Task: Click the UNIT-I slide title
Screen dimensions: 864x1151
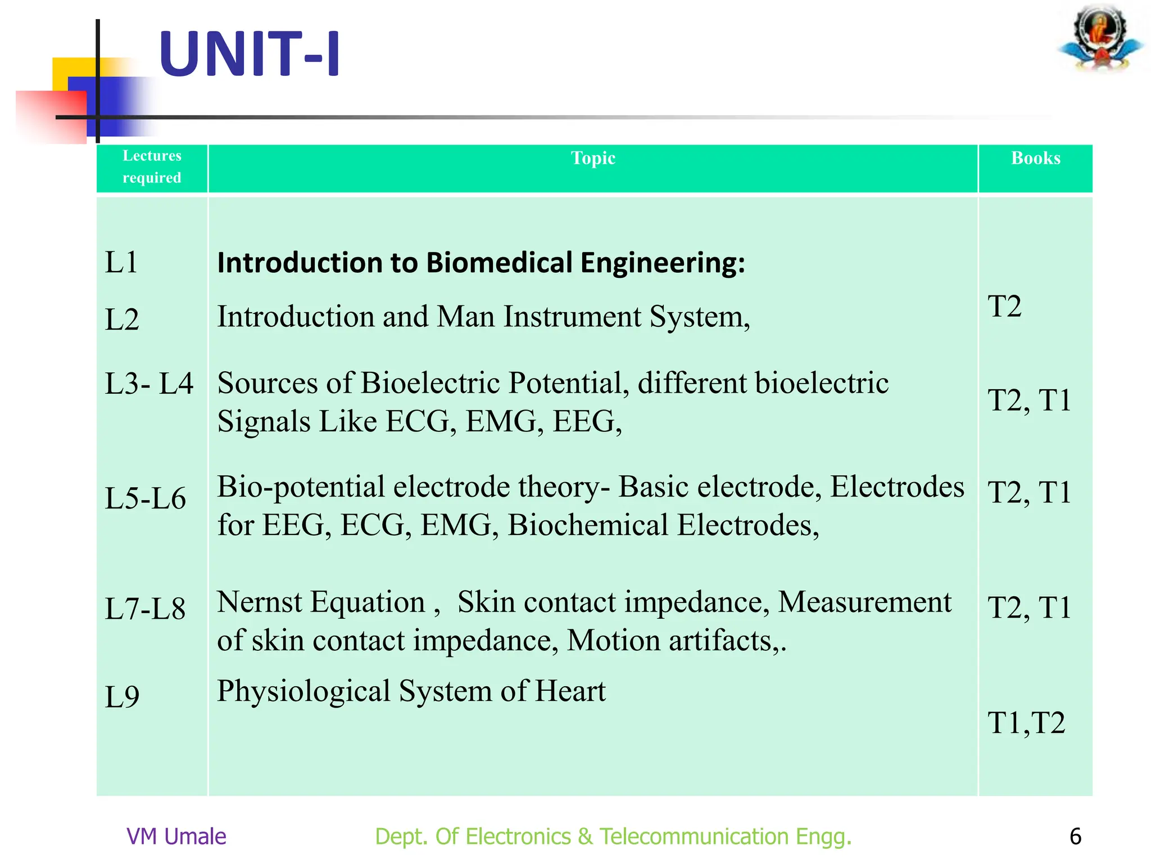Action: (250, 54)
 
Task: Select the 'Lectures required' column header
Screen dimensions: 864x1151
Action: (152, 166)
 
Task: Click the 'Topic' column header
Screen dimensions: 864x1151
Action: (593, 158)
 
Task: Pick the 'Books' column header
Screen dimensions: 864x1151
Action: (1036, 158)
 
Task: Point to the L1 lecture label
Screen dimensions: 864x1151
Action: (121, 262)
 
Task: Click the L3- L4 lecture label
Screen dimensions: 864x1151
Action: (149, 384)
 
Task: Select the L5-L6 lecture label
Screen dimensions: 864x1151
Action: (145, 498)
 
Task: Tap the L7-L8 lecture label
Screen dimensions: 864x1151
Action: (145, 609)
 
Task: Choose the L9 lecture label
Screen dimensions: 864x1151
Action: (122, 697)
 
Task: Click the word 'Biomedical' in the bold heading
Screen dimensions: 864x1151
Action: (499, 263)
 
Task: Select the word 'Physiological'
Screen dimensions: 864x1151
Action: (303, 691)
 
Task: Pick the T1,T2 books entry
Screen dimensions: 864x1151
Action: (1026, 723)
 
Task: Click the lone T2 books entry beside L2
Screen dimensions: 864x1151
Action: (1004, 307)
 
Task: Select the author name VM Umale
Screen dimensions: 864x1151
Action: (176, 836)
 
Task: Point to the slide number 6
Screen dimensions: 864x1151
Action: (1075, 836)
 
